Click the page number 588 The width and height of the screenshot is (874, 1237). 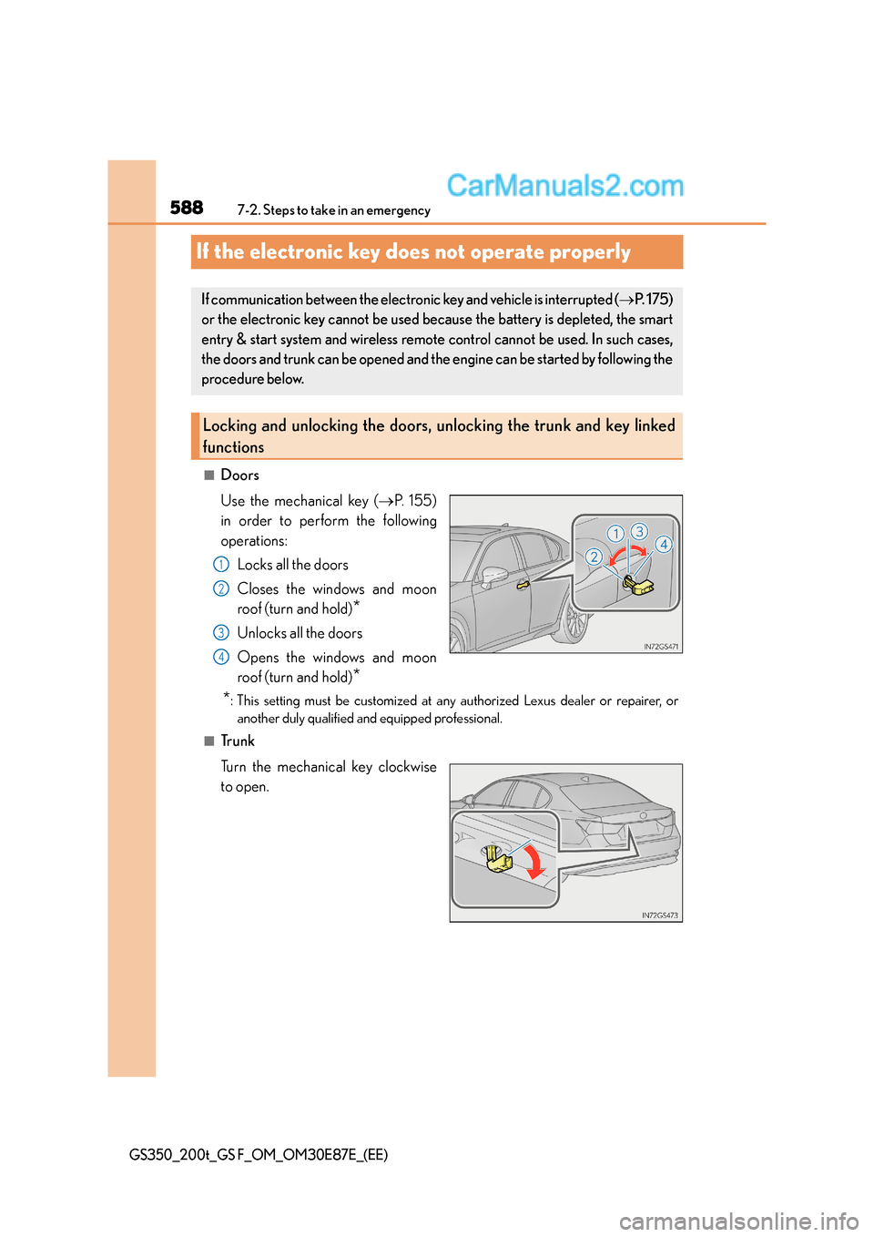pos(187,208)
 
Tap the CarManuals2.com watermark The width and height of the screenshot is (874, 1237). pos(565,186)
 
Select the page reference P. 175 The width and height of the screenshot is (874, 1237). pos(652,300)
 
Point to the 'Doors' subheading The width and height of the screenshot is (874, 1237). pos(239,475)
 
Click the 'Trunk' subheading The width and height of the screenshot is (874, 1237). pos(238,741)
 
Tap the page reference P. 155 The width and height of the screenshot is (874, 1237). pos(413,501)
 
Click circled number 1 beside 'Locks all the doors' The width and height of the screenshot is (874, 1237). pos(221,565)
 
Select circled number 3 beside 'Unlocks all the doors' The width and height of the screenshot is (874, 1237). pos(221,633)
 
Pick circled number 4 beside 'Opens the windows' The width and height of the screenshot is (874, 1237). pos(221,658)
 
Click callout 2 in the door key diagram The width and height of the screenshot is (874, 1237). pos(594,557)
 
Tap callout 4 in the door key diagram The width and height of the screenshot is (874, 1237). pos(664,545)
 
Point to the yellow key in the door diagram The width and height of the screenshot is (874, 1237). pos(638,587)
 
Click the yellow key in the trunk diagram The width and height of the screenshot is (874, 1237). pos(498,859)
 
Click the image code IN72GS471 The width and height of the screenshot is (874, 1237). pos(661,647)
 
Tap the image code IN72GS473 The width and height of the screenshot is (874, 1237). pos(660,915)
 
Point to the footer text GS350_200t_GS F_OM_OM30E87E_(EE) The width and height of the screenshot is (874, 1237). pos(259,1155)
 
